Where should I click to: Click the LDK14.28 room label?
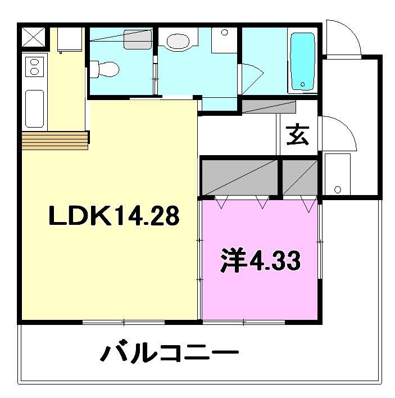114,215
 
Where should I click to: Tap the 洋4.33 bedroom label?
260,260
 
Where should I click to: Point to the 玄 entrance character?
297,135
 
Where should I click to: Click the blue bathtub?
302,61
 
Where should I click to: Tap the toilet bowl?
105,69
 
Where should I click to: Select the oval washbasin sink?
178,42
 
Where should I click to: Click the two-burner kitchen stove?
34,67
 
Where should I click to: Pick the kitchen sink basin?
35,108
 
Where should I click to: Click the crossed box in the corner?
34,37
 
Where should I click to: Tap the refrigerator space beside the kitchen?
70,40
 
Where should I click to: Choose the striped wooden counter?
55,141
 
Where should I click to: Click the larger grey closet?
240,178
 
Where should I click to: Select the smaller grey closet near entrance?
300,178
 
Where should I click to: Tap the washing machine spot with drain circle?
338,174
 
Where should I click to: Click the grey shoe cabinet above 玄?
269,107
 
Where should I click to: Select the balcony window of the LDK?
124,322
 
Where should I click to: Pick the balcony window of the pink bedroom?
244,322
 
